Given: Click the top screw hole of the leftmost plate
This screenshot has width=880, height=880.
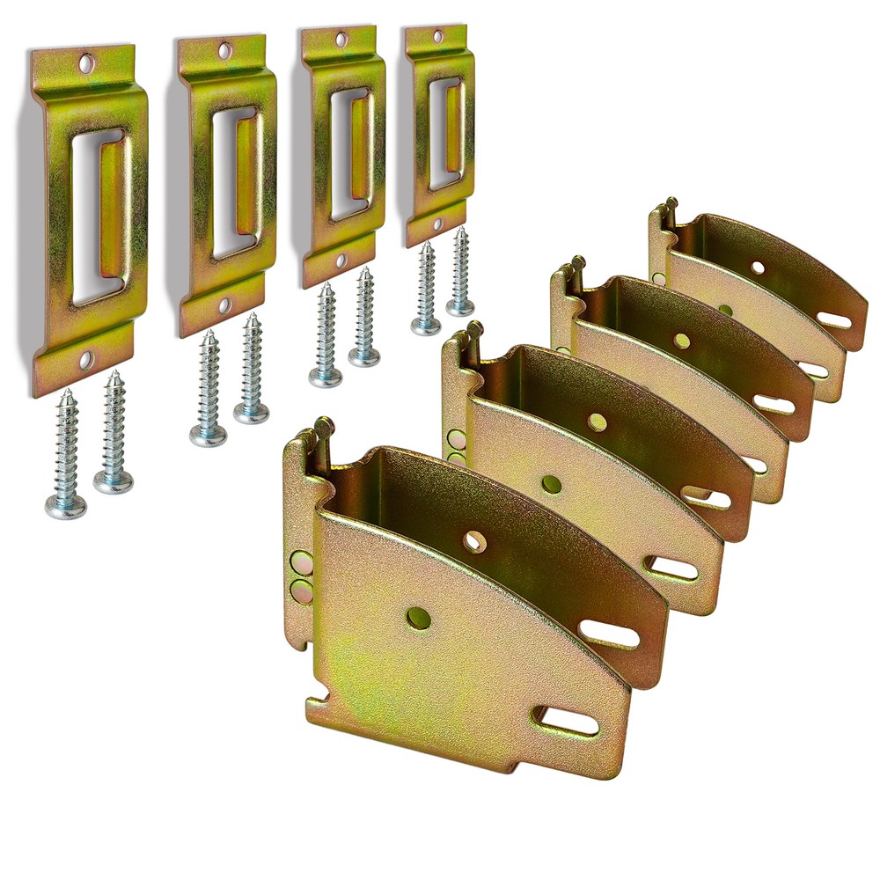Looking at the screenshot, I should [x=86, y=63].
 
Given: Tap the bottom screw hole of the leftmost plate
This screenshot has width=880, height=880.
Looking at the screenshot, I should [x=85, y=359].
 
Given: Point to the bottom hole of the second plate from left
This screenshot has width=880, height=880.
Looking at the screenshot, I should [x=224, y=305].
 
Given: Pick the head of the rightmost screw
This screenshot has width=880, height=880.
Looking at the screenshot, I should [x=459, y=306].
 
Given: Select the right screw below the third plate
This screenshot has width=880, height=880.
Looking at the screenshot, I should [x=363, y=356].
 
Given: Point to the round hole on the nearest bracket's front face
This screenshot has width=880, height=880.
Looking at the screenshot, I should [x=420, y=618].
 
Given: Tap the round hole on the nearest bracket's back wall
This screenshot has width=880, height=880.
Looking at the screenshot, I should [x=474, y=542].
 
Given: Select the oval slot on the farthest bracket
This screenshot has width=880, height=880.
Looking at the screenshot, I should [x=832, y=319].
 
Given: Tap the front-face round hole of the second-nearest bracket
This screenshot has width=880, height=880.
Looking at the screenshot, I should [x=552, y=483].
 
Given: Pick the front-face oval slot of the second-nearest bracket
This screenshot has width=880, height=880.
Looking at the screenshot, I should [x=672, y=568].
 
